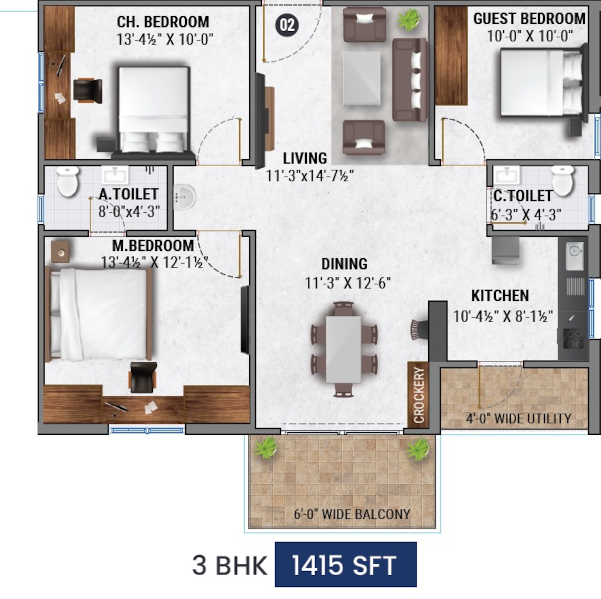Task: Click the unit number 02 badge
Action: pyautogui.click(x=287, y=25)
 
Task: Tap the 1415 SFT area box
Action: pyautogui.click(x=346, y=565)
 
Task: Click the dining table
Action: pyautogui.click(x=343, y=349)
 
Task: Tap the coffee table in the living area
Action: pyautogui.click(x=361, y=79)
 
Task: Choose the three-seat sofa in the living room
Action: pyautogui.click(x=410, y=80)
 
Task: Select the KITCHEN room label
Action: pyautogui.click(x=500, y=296)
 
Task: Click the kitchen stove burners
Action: pyautogui.click(x=574, y=338)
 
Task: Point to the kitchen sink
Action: pyautogui.click(x=574, y=256)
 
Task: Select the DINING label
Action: pyautogui.click(x=344, y=264)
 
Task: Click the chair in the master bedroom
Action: pyautogui.click(x=143, y=377)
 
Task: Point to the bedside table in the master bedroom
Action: pyautogui.click(x=60, y=251)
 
